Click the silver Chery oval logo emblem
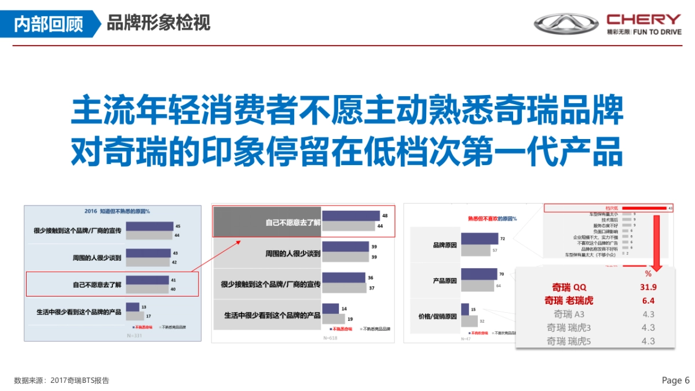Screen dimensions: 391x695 [x=566, y=24]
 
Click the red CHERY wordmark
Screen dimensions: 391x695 [x=644, y=19]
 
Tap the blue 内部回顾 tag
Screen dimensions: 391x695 [x=49, y=24]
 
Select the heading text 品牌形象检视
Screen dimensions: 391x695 [x=158, y=23]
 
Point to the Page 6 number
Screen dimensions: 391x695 [x=675, y=381]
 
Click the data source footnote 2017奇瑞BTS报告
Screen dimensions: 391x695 [x=61, y=381]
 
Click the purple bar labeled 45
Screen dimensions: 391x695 [x=149, y=226]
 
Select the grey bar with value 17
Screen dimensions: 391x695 [x=134, y=316]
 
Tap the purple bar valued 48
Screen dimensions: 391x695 [x=351, y=215]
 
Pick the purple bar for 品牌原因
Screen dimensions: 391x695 [x=480, y=238]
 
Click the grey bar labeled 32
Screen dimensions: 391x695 [x=470, y=320]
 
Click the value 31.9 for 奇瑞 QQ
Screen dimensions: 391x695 [x=648, y=287]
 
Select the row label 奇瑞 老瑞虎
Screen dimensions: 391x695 [x=569, y=301]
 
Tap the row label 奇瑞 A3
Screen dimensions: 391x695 [x=569, y=314]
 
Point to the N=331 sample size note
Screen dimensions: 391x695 [x=134, y=335]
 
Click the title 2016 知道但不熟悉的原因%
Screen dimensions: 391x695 [x=112, y=211]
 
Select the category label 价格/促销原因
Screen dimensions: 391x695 [x=437, y=316]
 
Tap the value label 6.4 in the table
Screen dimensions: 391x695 [x=648, y=301]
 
